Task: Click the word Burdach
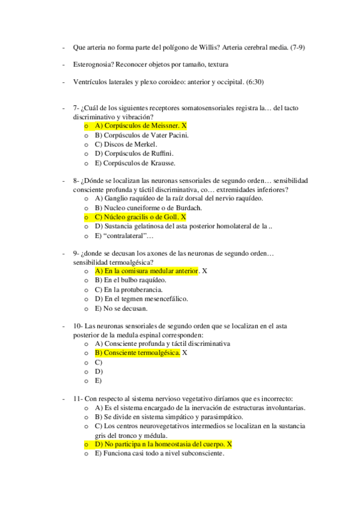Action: (x=185, y=207)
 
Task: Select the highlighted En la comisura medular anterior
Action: (x=147, y=271)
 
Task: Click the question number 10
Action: (x=78, y=326)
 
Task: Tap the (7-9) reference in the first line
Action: (x=306, y=47)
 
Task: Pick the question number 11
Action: (x=78, y=398)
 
